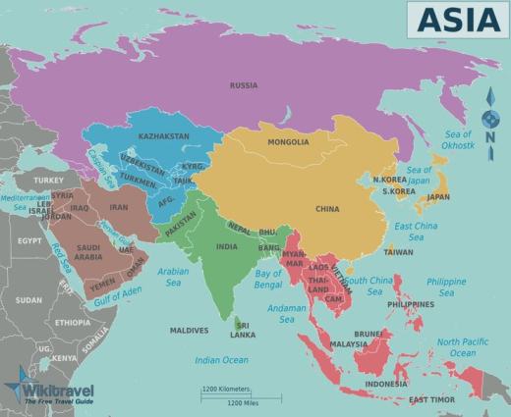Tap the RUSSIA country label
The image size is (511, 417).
[243, 85]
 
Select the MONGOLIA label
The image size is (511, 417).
[288, 142]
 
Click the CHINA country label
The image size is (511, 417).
[327, 209]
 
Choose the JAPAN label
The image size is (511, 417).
[437, 196]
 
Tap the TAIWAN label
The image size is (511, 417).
[398, 251]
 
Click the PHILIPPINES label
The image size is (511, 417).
[411, 304]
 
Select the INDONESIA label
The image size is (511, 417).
[385, 384]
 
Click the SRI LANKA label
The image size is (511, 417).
[242, 329]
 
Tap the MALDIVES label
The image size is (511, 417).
[189, 330]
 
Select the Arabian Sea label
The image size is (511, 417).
[172, 276]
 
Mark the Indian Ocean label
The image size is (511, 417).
[221, 360]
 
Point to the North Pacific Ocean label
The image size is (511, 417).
[462, 347]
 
